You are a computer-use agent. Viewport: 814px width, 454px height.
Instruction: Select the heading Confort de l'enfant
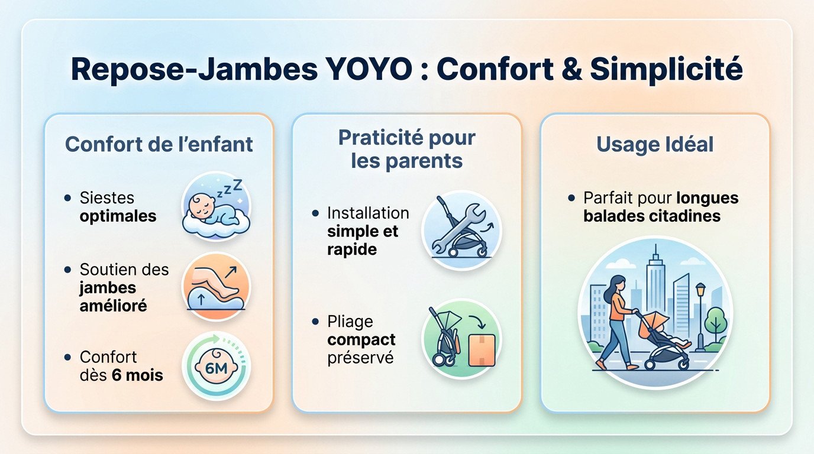coord(159,144)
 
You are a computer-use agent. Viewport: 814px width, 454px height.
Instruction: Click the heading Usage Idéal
coord(655,144)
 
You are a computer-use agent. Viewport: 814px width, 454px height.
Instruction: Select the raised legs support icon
coord(216,286)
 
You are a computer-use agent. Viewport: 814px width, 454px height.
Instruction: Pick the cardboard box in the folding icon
coord(481,351)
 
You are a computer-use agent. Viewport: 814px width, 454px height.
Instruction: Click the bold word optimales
coord(118,216)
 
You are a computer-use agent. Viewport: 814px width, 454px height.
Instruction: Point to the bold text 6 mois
coord(137,375)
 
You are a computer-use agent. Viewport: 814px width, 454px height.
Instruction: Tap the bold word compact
coord(361,340)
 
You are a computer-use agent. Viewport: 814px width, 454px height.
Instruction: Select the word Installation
coord(367,213)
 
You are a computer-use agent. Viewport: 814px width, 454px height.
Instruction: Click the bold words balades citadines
coord(651,216)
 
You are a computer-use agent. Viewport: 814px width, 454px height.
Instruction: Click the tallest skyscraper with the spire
coord(655,284)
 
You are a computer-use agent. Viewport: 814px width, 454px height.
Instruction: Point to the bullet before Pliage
coord(315,322)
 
